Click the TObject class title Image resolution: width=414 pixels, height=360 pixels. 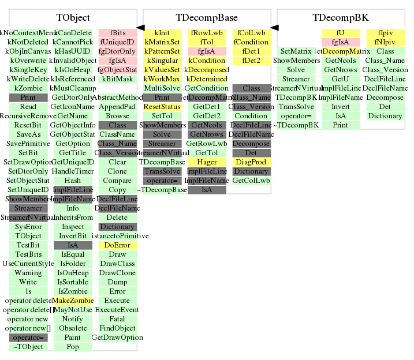(73, 18)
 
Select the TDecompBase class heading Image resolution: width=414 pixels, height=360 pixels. (206, 18)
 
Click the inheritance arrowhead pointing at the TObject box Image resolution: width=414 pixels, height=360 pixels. (140, 28)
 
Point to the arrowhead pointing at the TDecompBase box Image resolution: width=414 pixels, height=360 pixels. (274, 28)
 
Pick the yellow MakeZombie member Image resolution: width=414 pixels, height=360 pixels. (73, 301)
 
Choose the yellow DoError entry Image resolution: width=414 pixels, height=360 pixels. (117, 245)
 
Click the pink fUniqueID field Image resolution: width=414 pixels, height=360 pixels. (117, 42)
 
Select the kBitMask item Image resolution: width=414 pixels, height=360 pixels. (117, 79)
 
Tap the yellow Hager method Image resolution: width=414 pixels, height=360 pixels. (206, 162)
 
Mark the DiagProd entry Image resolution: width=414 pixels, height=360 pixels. (251, 162)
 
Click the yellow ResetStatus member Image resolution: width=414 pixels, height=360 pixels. (162, 107)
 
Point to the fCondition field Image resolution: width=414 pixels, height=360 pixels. (251, 42)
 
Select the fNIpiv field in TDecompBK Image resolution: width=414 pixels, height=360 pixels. (385, 42)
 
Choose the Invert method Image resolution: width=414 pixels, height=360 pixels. (340, 107)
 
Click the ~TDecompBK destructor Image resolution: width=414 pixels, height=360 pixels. (296, 125)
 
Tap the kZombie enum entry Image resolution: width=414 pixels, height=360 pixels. (28, 88)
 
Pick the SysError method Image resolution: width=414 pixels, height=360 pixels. (28, 227)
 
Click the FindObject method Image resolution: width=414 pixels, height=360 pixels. (117, 328)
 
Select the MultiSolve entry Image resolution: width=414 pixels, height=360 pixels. (162, 88)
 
